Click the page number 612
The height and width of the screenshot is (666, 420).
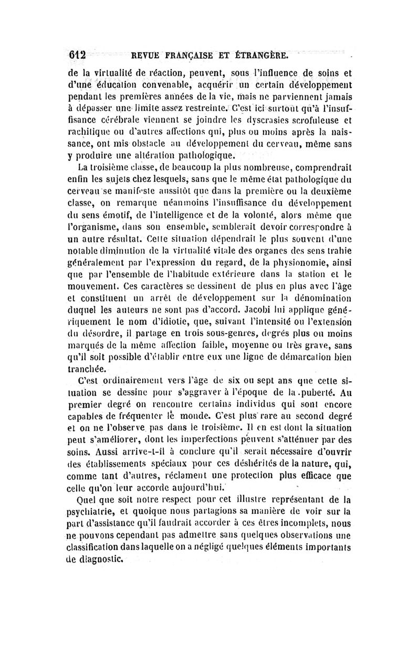(77, 55)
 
